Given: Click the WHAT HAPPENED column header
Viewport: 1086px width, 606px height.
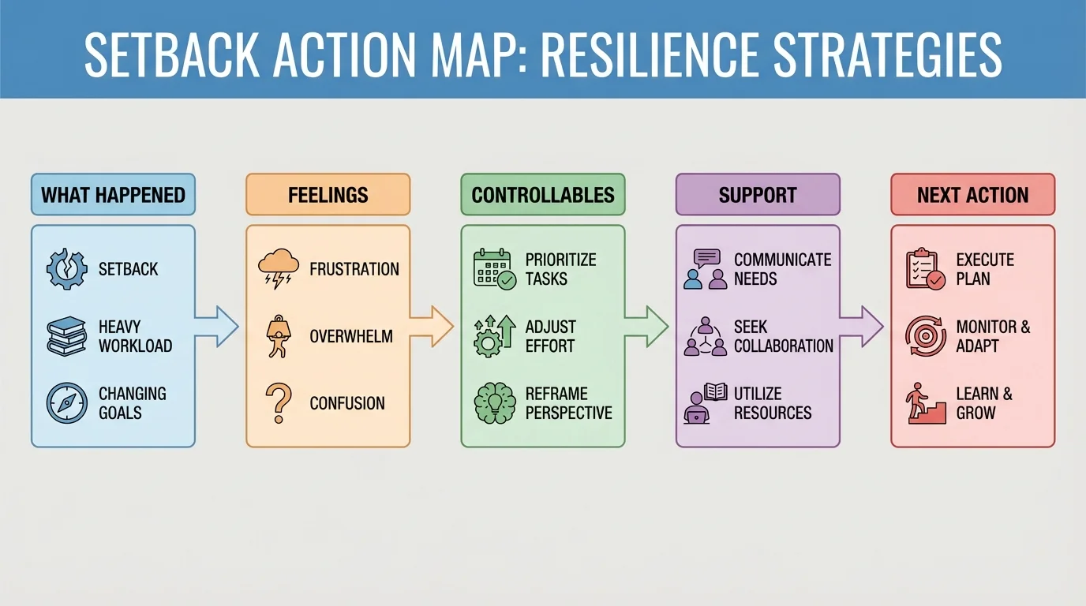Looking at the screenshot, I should tap(113, 195).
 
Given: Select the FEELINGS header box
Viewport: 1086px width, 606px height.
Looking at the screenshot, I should tap(328, 195).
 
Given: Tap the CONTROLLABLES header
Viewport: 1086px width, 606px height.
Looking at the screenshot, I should tap(542, 195).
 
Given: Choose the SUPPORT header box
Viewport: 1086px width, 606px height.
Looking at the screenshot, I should tap(758, 195).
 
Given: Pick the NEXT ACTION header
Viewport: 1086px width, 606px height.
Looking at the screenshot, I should tap(972, 195).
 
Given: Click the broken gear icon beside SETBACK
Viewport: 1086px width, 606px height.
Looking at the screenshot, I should tap(66, 269).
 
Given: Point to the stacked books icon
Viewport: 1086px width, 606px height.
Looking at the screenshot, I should tap(66, 335).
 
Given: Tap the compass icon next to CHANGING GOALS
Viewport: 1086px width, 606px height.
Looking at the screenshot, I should tap(66, 402).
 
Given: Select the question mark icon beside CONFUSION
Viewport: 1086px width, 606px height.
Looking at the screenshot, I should tap(278, 402).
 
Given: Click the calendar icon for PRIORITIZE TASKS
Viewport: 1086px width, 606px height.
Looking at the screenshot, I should tap(494, 269).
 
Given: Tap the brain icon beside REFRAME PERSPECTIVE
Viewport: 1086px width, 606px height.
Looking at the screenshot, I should tap(494, 402).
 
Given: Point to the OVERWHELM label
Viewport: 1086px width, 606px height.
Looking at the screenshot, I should tap(350, 336).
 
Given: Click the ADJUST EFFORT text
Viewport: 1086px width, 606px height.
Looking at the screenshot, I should tap(550, 336).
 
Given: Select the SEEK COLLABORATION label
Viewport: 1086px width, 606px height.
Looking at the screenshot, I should tap(783, 336).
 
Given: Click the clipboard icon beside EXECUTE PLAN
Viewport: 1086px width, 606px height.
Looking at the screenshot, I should tap(924, 269).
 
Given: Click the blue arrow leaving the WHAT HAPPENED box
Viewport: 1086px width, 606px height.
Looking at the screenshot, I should tap(216, 326).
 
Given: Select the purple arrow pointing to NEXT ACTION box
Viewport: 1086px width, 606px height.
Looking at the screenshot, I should tap(861, 326).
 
